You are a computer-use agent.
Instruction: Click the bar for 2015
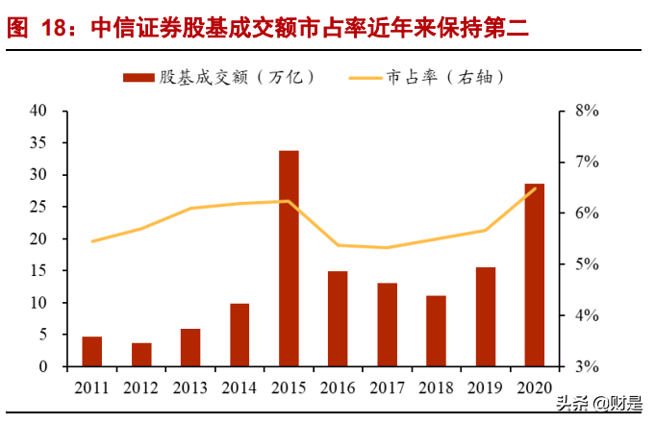[289, 259]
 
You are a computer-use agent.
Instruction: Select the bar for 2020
[534, 275]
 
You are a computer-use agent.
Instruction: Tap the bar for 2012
[141, 355]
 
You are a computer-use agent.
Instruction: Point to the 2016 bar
[338, 318]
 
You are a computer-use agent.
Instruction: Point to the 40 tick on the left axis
[39, 111]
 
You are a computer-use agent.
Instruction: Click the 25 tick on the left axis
[39, 207]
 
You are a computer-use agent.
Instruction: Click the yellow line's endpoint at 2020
[535, 189]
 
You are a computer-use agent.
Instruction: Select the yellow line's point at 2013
[190, 209]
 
